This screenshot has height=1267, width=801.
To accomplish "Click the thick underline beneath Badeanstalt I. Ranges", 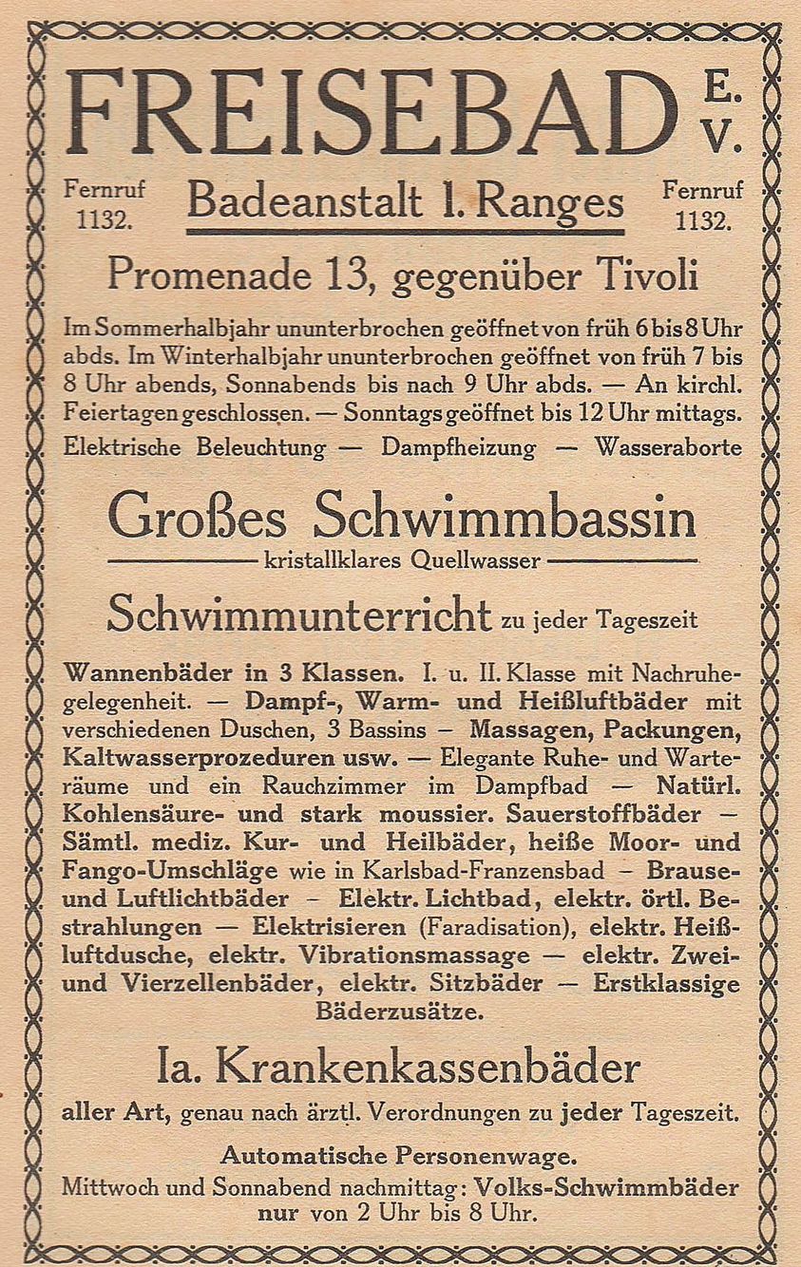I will click(405, 231).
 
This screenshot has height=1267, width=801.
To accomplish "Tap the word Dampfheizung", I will click(459, 447).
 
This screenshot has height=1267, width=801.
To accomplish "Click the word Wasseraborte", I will click(667, 447).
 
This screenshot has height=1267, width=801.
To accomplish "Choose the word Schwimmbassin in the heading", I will click(505, 520).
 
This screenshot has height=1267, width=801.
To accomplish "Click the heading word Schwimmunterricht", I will click(298, 615).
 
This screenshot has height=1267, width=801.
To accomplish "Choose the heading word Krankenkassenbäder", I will click(428, 1068).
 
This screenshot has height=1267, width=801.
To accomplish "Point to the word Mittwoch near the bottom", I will click(108, 1188).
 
